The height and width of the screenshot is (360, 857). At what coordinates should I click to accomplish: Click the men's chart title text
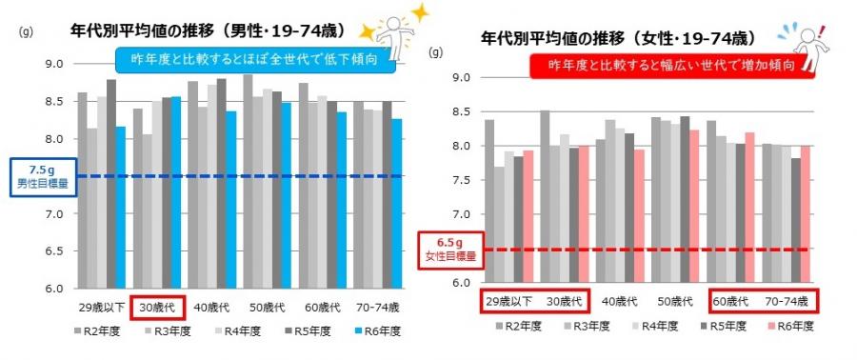[x=208, y=29]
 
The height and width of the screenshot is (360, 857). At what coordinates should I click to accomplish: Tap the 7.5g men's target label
[x=34, y=175]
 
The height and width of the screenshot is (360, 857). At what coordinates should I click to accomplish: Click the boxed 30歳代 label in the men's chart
[x=157, y=308]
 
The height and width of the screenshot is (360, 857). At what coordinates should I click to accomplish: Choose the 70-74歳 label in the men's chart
[x=377, y=308]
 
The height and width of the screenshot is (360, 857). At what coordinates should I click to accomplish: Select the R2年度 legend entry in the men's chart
[x=100, y=331]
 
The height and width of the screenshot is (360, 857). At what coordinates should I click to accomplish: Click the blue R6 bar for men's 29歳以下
[x=120, y=207]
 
